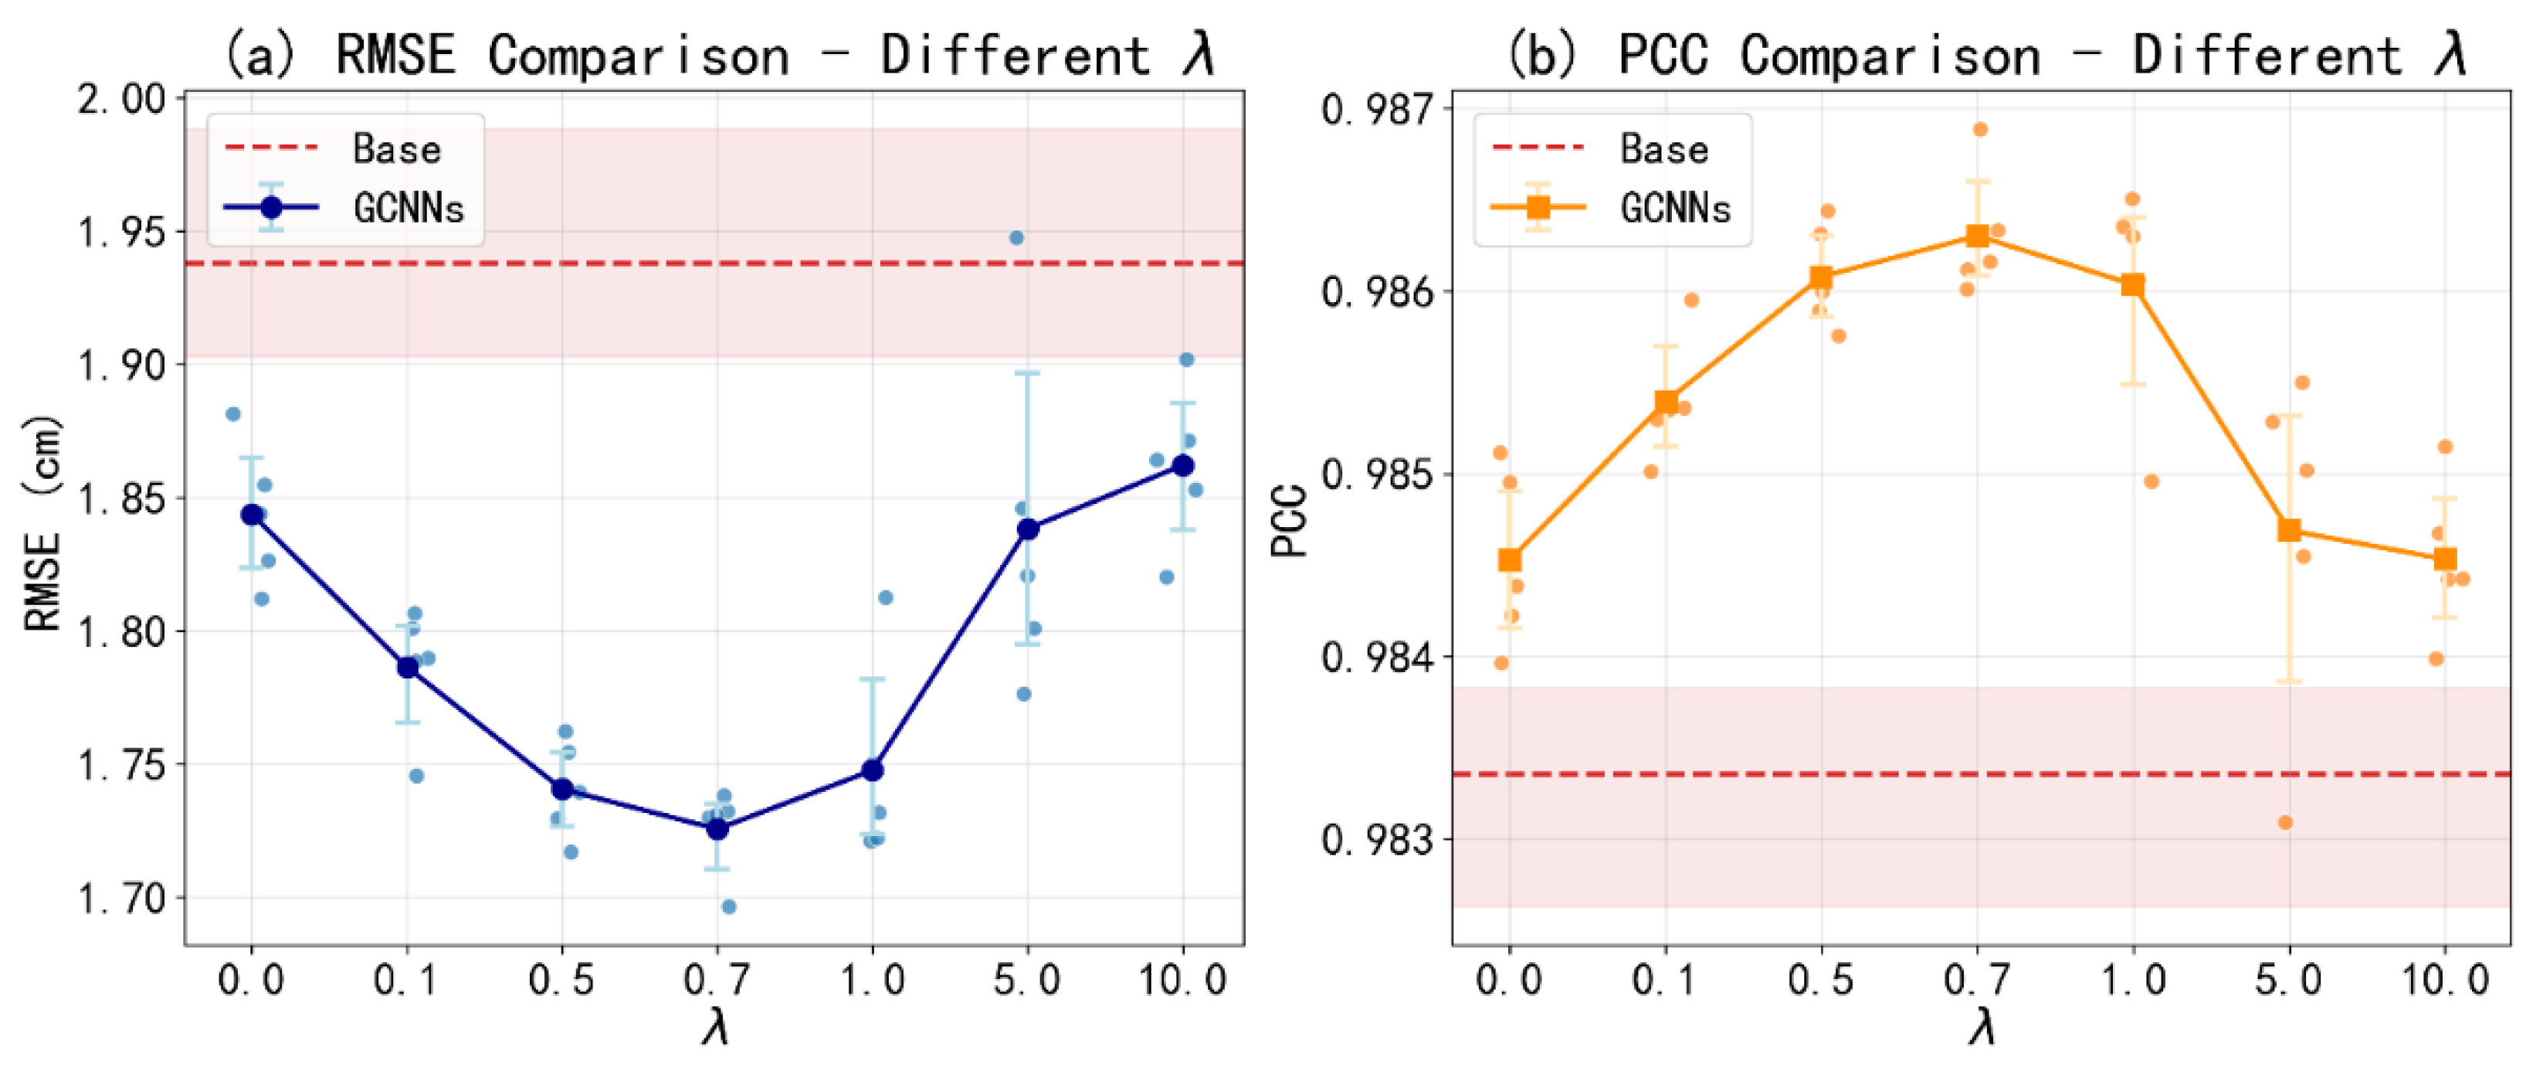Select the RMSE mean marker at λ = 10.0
1184,465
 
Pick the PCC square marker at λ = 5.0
2289,530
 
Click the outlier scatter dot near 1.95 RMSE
1017,238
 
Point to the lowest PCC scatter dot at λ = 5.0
2285,822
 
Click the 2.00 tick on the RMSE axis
122,100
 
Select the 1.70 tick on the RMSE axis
122,898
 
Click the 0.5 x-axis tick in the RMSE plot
561,981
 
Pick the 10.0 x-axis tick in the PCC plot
2446,981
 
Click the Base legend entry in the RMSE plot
395,148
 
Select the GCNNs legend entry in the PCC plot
1674,208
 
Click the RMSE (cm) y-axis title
43,523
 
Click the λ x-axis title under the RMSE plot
716,1028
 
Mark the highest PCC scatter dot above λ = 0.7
1980,130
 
